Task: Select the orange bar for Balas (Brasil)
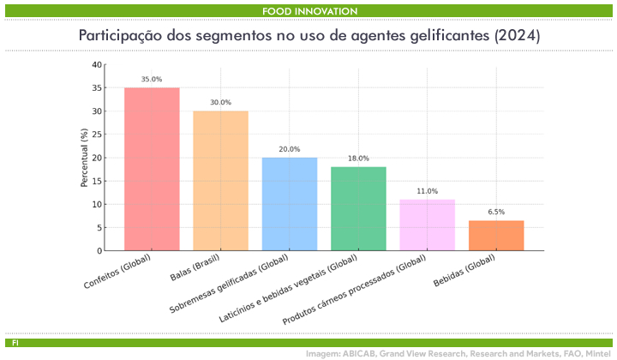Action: (x=220, y=180)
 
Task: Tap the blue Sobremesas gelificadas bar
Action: (x=290, y=204)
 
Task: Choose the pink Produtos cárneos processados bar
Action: (x=427, y=225)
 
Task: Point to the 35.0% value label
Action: (x=152, y=79)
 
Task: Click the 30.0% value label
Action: (x=220, y=102)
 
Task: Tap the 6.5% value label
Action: (x=496, y=211)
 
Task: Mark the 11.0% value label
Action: (x=427, y=190)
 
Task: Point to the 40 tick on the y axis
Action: (x=97, y=65)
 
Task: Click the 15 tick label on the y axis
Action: (x=97, y=181)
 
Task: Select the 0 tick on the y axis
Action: (x=99, y=250)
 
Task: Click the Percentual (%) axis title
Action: (x=84, y=158)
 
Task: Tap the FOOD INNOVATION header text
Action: (x=310, y=10)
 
